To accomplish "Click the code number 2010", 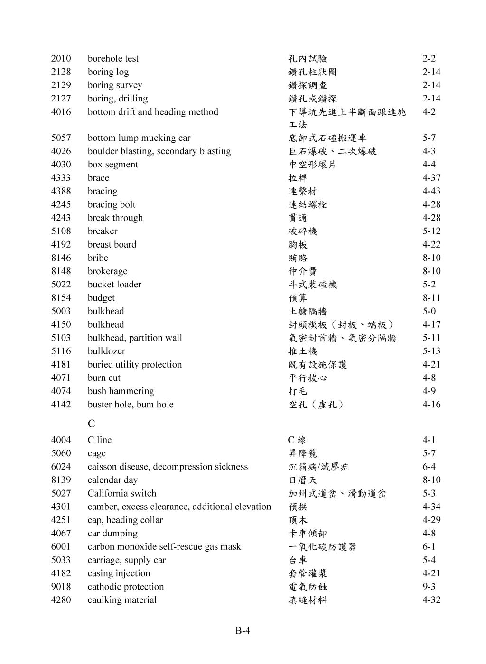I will (x=61, y=58).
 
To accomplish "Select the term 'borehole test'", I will (x=113, y=58).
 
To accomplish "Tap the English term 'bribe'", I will (x=98, y=258).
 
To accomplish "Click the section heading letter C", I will (x=91, y=423).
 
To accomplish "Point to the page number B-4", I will (x=243, y=630).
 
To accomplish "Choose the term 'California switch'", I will (x=121, y=493).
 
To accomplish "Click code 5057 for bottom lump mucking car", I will (x=61, y=138).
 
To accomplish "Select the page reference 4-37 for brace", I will (x=431, y=178).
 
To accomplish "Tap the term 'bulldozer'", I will (x=106, y=351).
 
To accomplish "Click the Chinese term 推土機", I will (x=303, y=351).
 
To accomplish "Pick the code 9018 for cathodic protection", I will (x=61, y=587).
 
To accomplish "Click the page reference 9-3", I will (x=429, y=587).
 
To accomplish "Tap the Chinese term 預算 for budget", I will (x=298, y=298).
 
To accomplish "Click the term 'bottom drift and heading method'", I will (x=153, y=112).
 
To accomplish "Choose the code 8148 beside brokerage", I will (x=61, y=271).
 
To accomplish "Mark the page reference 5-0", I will (x=429, y=311).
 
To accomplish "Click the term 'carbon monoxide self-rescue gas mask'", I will (x=164, y=546).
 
